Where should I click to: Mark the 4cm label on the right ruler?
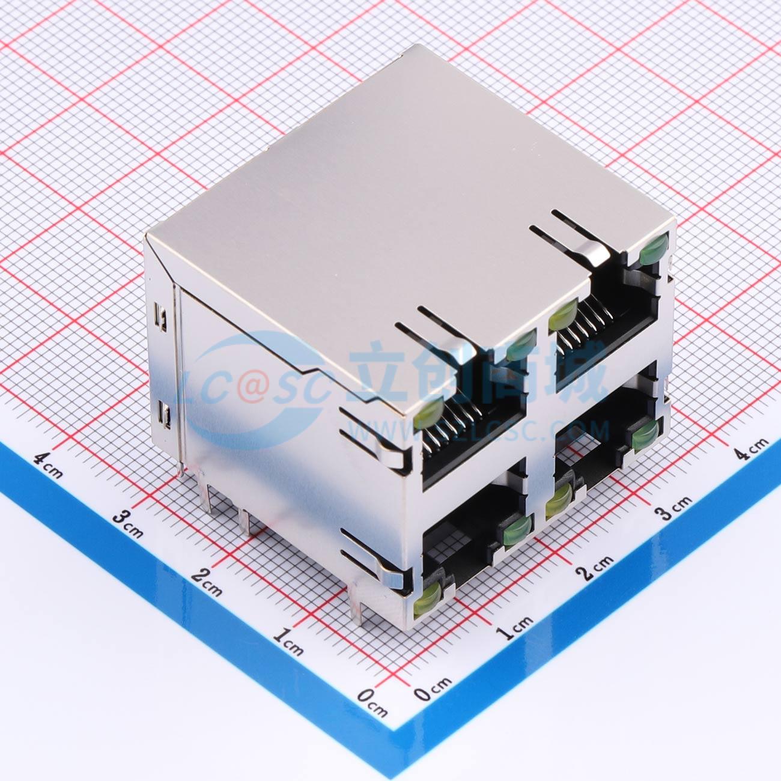click(x=751, y=449)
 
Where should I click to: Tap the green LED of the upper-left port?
click(x=519, y=345)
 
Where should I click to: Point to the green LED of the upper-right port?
click(x=653, y=249)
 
